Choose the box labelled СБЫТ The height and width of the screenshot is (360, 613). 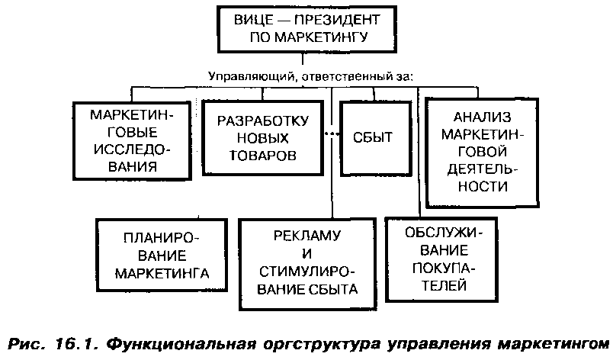pos(372,138)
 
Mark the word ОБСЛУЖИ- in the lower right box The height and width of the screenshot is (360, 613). pos(443,231)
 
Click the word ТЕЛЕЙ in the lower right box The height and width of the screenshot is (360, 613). pos(442,286)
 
